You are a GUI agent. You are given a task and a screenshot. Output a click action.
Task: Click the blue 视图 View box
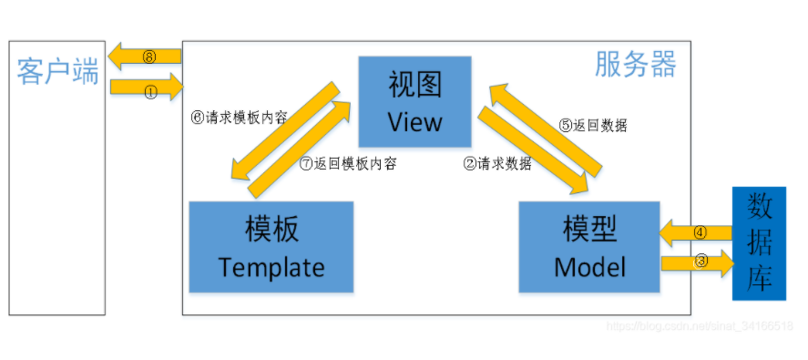pos(414,101)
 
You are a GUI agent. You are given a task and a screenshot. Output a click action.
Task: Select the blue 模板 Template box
pos(271,246)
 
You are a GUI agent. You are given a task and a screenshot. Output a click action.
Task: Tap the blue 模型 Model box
pos(588,246)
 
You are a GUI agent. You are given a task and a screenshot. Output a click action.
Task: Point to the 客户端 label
pos(57,72)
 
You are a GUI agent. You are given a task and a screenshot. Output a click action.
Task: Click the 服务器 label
pos(635,64)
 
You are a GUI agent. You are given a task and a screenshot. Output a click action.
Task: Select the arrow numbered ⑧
pos(146,57)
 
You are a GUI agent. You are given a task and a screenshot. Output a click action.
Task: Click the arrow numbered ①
pos(146,89)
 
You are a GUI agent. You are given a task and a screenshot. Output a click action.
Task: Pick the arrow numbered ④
pos(696,231)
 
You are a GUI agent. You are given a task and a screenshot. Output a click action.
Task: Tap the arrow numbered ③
pos(696,263)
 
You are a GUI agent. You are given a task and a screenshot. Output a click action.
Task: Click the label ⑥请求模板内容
pos(240,118)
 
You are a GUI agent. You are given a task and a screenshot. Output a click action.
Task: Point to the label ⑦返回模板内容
pos(348,165)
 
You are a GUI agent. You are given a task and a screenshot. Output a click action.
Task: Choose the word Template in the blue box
pos(271,267)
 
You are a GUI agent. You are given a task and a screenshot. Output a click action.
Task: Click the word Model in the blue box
pos(588,267)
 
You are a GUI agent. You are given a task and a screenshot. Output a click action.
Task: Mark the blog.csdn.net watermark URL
pos(699,325)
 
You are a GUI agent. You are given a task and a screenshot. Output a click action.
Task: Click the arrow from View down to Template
pos(280,129)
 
